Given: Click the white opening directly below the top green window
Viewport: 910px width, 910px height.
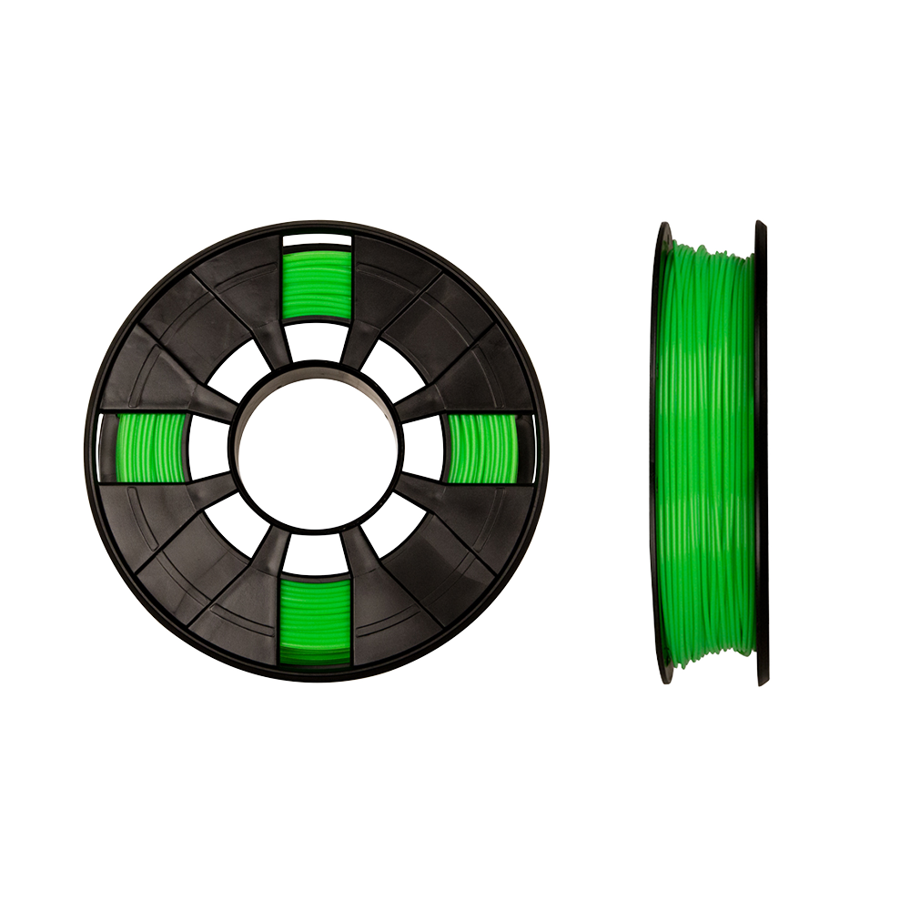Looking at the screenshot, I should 317,343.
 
